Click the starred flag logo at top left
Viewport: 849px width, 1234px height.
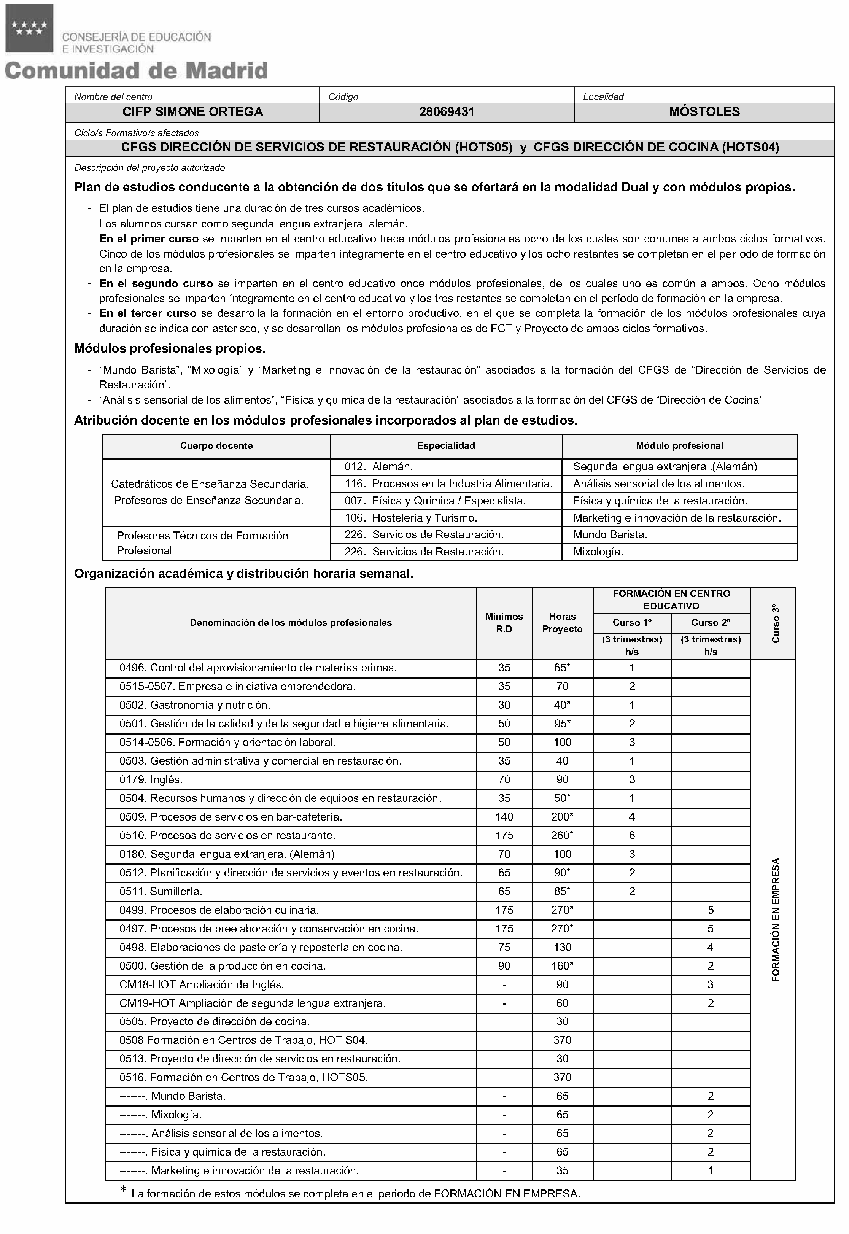click(29, 28)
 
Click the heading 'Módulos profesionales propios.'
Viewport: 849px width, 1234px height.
click(170, 349)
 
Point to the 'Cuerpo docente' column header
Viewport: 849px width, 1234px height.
click(216, 446)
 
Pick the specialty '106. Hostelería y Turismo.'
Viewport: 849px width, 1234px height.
click(410, 518)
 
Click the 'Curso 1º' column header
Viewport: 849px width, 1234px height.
click(631, 622)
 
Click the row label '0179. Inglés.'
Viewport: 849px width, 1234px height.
click(151, 780)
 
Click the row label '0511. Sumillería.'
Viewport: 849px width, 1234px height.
click(161, 892)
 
